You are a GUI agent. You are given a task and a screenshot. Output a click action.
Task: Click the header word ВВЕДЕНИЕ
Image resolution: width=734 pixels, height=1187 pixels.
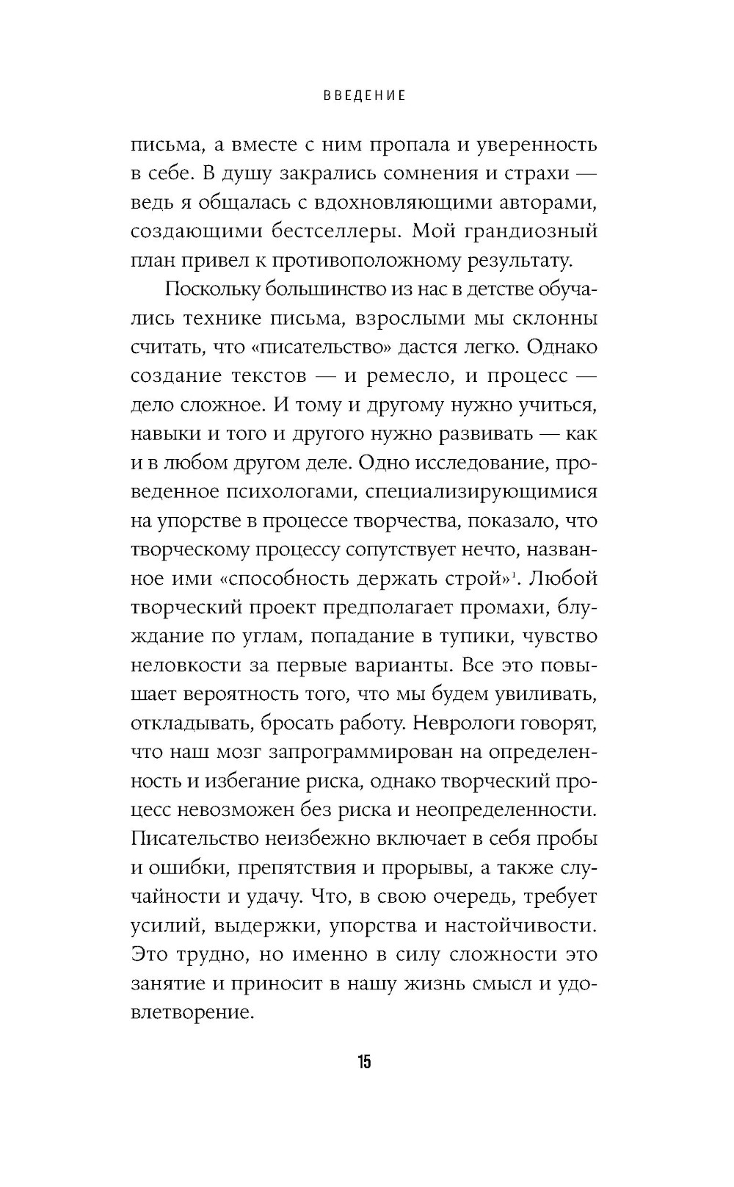[365, 96]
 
